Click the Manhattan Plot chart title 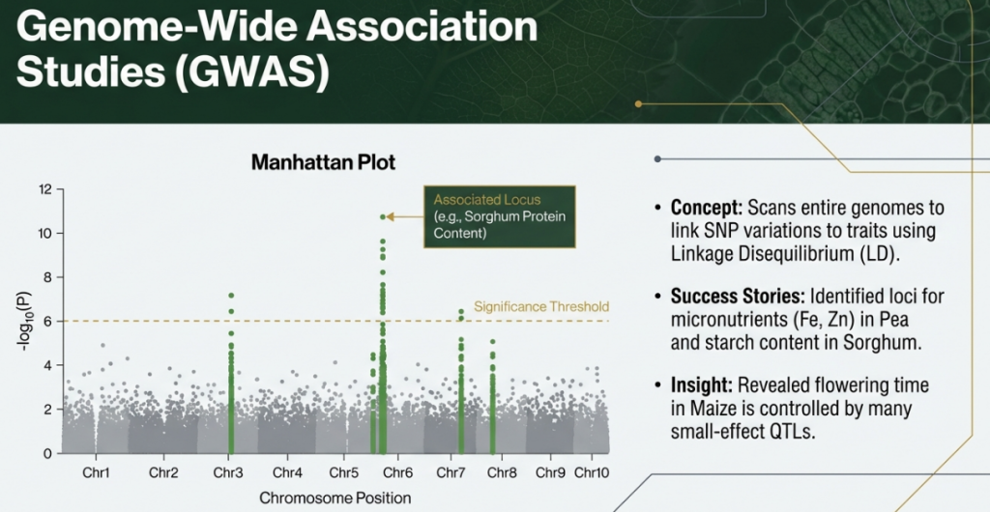point(323,162)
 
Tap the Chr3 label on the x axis point(228,472)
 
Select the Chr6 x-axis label point(397,472)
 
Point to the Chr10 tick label point(592,472)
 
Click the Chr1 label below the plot point(96,472)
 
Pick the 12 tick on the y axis point(47,189)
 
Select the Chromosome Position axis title point(335,498)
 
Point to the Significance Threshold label point(541,307)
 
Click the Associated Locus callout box point(500,216)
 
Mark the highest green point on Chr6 point(383,217)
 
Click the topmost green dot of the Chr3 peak point(231,295)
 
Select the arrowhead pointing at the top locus point(391,217)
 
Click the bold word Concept point(705,208)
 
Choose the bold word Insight point(702,385)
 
